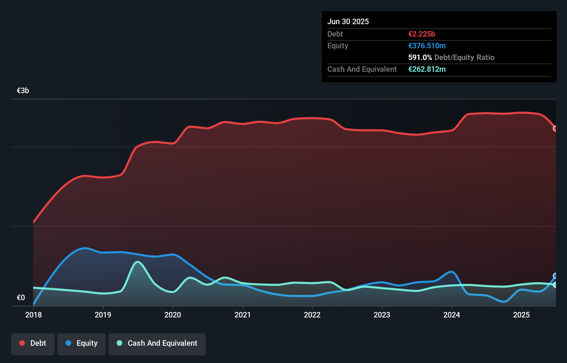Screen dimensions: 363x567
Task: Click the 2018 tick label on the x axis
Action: point(33,315)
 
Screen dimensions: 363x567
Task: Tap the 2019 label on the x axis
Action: point(103,315)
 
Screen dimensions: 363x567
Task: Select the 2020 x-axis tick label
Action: point(173,315)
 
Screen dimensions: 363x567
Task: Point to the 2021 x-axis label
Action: point(242,315)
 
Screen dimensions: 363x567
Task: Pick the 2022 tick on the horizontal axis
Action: point(312,315)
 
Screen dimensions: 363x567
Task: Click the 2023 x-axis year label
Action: point(382,315)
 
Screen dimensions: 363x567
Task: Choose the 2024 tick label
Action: point(452,315)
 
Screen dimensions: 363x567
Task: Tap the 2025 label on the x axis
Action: point(521,315)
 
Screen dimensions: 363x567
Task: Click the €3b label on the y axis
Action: point(23,91)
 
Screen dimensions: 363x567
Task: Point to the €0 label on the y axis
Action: point(21,297)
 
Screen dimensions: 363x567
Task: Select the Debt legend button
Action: point(33,343)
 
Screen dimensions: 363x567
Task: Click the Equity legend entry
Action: point(81,343)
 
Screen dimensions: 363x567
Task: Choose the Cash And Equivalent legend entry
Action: point(157,343)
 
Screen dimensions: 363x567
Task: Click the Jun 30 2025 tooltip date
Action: point(348,21)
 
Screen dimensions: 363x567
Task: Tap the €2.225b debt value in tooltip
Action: point(422,34)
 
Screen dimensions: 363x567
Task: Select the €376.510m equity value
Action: point(427,46)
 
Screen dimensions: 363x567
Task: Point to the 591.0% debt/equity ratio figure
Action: point(420,57)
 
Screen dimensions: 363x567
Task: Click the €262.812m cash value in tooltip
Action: point(427,69)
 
